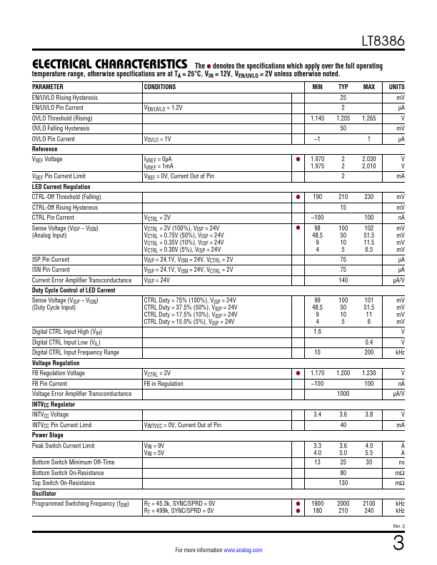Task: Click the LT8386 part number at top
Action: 383,42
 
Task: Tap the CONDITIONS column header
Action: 161,86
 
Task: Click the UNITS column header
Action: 396,86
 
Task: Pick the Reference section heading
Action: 45,148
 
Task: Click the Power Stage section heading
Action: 48,434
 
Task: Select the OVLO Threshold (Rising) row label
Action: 62,118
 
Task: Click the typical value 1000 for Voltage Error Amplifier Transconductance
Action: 343,394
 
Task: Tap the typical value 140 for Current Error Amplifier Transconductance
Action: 343,280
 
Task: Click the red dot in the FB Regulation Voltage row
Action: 298,373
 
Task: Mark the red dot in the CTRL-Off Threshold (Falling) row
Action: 298,197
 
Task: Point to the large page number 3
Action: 398,543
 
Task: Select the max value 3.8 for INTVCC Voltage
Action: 368,414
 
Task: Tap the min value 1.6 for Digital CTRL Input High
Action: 317,332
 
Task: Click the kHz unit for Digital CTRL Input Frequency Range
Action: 401,352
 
